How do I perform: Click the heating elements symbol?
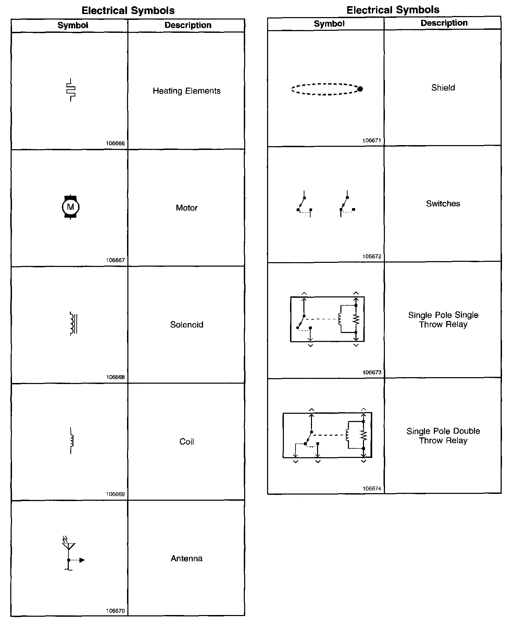click(x=71, y=90)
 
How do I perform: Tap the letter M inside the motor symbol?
click(x=71, y=207)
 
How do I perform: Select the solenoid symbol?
click(x=73, y=323)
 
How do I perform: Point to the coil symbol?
click(x=72, y=440)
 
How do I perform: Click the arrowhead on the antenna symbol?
click(x=82, y=560)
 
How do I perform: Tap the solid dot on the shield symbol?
click(x=360, y=89)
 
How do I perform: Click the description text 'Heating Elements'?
click(x=187, y=91)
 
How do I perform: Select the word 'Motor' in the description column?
click(x=187, y=208)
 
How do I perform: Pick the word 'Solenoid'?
click(x=187, y=324)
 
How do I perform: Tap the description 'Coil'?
click(x=187, y=442)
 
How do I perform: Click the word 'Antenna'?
click(x=187, y=559)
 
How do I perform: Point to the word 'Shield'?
click(x=443, y=88)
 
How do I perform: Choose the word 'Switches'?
click(x=443, y=204)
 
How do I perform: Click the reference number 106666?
click(x=115, y=143)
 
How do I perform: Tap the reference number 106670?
click(x=115, y=611)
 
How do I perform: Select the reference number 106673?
click(x=372, y=372)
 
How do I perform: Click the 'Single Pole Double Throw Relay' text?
click(x=443, y=436)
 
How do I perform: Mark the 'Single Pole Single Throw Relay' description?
click(x=443, y=320)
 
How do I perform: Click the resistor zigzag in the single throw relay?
click(x=356, y=319)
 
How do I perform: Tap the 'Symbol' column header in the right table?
click(x=329, y=24)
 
